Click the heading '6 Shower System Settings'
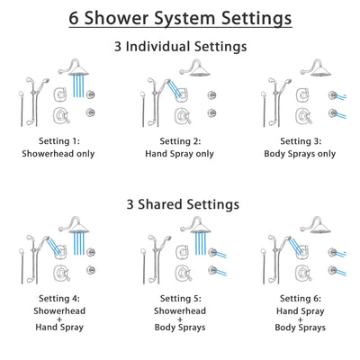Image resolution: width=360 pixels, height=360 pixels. click(180, 17)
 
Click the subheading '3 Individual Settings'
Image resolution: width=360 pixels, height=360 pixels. click(180, 46)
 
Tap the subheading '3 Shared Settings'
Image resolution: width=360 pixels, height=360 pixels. click(180, 204)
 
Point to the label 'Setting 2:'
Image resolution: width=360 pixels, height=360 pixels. click(180, 140)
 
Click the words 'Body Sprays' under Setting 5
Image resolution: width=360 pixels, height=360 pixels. click(180, 328)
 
